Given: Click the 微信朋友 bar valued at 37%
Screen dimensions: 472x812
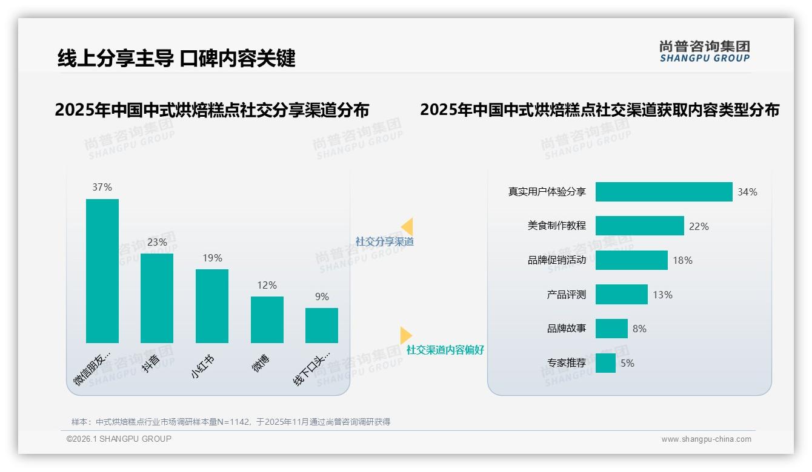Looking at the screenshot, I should click(x=102, y=270).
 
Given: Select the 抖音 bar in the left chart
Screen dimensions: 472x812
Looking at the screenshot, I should click(x=157, y=298).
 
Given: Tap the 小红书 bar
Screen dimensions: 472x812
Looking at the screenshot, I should click(x=212, y=306).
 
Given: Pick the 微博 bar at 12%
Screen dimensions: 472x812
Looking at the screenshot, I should click(x=267, y=320).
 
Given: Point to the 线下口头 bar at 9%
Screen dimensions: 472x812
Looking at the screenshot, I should click(x=322, y=325).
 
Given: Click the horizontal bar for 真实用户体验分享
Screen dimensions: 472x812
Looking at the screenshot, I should click(x=664, y=192).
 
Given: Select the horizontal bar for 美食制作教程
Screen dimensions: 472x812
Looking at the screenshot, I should click(x=639, y=226).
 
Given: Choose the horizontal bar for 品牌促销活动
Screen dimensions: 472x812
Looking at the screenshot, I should click(x=631, y=260).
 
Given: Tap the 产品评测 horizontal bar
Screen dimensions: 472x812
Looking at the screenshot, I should click(x=621, y=295).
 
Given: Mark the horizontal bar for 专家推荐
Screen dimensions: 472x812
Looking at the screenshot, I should click(x=605, y=363).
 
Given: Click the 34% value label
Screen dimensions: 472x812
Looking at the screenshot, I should click(x=747, y=192).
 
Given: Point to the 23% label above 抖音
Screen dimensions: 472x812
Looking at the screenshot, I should click(x=157, y=242).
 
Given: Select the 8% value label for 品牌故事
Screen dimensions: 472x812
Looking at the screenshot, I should click(x=639, y=329).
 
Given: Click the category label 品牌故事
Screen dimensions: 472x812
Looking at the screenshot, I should click(x=567, y=329).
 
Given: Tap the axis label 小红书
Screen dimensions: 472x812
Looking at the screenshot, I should click(x=202, y=367).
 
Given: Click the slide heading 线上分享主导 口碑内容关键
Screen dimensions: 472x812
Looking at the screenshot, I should click(x=176, y=58).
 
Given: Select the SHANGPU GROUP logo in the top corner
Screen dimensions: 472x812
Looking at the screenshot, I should click(x=704, y=51).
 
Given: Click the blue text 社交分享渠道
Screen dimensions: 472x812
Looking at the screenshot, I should click(x=385, y=241).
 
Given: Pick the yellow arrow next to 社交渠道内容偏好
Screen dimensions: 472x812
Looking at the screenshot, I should click(x=405, y=335).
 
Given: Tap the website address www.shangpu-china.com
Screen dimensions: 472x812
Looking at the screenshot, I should click(x=706, y=439).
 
